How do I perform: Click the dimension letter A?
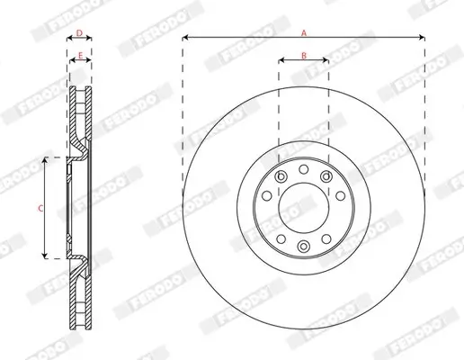[303, 32]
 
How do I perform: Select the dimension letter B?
[303, 56]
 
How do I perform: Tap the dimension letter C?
[39, 208]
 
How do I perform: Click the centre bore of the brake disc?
[303, 207]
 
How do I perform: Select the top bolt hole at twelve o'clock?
[303, 169]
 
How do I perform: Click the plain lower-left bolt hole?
[281, 238]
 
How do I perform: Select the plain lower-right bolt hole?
[326, 238]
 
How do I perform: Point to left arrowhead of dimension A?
[185, 38]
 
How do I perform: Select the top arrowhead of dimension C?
[44, 159]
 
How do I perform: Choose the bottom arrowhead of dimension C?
[44, 256]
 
